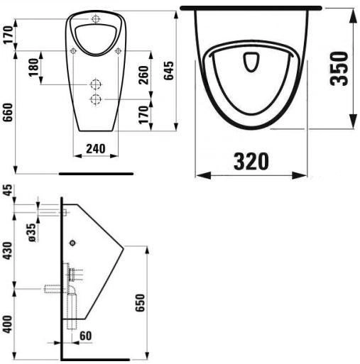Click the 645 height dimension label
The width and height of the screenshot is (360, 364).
(x=170, y=71)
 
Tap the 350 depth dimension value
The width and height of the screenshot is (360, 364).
(x=339, y=68)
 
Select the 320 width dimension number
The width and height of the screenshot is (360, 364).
(x=251, y=162)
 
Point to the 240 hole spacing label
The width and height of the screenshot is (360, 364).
(x=96, y=149)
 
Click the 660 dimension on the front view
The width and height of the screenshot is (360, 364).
(x=8, y=112)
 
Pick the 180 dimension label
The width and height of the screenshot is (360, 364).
(x=33, y=67)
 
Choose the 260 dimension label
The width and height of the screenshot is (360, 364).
(x=143, y=75)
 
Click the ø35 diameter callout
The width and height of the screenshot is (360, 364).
(x=32, y=233)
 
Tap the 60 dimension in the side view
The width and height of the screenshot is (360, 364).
(x=85, y=336)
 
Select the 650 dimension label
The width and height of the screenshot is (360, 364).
(x=140, y=303)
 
